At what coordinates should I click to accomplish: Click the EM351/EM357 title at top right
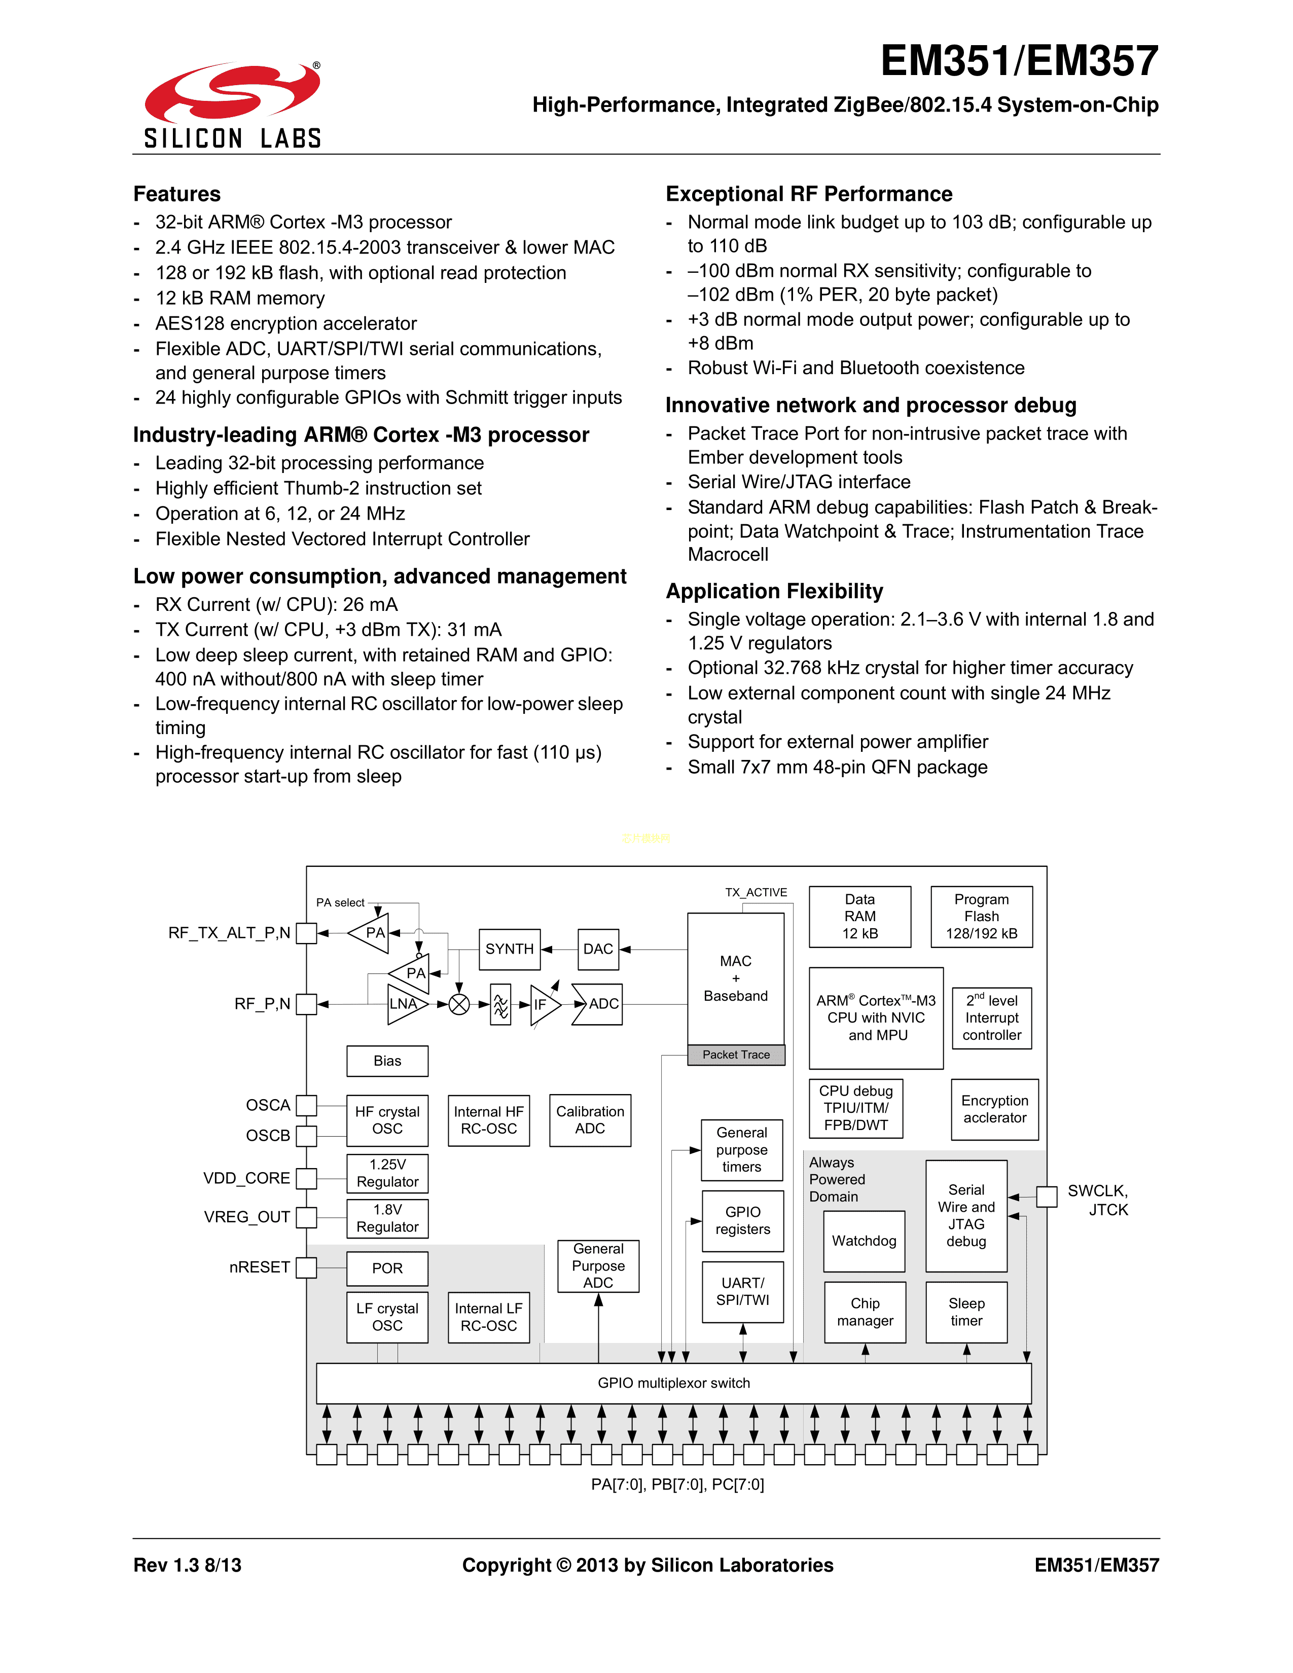tap(1019, 61)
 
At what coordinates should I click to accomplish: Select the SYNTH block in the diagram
tap(510, 949)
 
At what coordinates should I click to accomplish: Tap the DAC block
tap(597, 949)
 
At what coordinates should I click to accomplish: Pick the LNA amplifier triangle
tap(404, 1003)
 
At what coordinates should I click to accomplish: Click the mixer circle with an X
tap(459, 1004)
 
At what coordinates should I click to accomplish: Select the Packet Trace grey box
tap(736, 1055)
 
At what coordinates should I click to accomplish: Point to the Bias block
tap(387, 1061)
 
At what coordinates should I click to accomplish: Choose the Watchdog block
tap(864, 1241)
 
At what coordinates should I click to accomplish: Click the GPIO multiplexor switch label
tap(673, 1383)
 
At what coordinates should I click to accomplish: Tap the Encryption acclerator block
tap(994, 1109)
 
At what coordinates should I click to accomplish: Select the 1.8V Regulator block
tap(387, 1218)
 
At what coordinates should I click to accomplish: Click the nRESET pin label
tap(260, 1267)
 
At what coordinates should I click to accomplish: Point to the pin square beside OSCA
tap(306, 1105)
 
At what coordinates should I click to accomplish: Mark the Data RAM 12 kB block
tap(859, 916)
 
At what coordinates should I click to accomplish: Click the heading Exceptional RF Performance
tap(809, 194)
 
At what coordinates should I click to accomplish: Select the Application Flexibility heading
tap(774, 591)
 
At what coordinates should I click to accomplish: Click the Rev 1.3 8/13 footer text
tap(188, 1565)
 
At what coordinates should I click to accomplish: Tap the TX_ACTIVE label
tap(756, 892)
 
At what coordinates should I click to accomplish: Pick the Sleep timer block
tap(966, 1312)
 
